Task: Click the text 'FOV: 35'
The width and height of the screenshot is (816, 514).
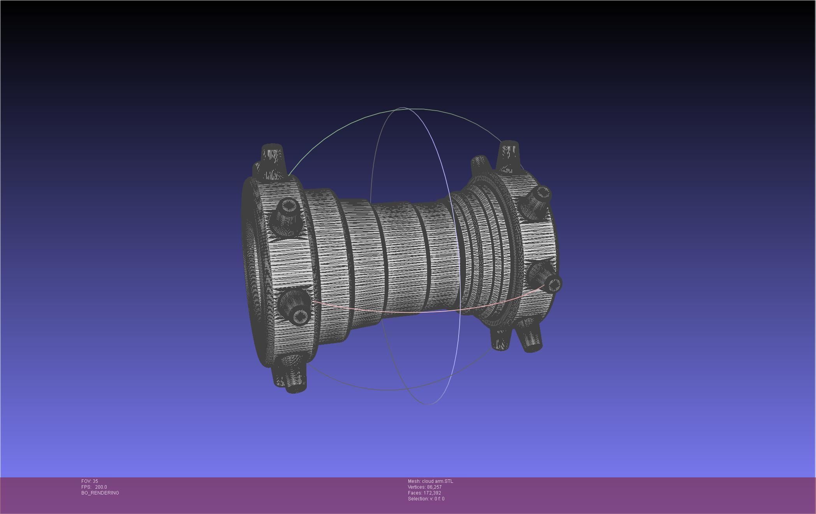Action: [x=90, y=481]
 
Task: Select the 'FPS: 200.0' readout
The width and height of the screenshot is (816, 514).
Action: [x=94, y=487]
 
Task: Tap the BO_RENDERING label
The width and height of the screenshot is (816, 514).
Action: [x=100, y=493]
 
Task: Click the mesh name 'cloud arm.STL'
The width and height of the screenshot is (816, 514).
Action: [x=437, y=481]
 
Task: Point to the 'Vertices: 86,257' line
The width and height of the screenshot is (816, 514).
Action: [x=424, y=487]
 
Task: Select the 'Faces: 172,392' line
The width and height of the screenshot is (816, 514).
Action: [x=424, y=493]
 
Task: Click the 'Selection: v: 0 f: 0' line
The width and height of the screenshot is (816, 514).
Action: [x=426, y=499]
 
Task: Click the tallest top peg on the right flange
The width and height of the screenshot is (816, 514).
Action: [x=508, y=154]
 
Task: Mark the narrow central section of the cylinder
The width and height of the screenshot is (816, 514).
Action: [x=405, y=257]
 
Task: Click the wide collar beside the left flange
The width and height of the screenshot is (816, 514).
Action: [x=331, y=265]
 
